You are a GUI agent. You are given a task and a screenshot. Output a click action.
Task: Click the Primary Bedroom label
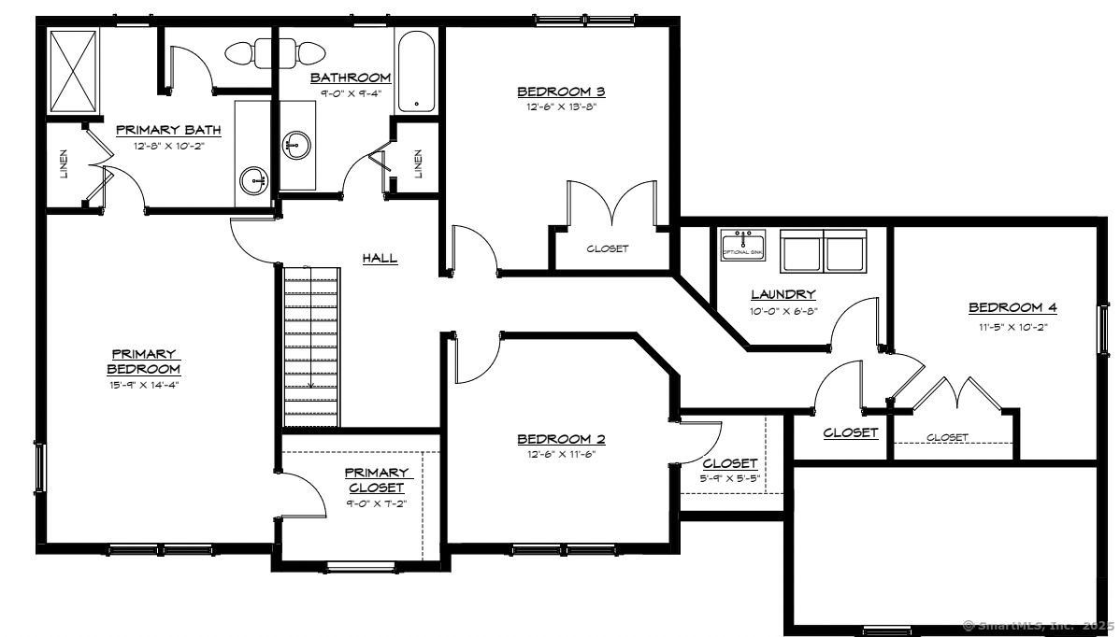143,361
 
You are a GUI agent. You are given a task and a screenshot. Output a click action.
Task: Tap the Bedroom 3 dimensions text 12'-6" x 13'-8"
560,107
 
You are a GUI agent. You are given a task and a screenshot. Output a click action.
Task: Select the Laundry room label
783,294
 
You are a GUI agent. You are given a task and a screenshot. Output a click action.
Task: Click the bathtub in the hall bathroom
415,71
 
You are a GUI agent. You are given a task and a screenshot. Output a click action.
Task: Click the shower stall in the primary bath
73,69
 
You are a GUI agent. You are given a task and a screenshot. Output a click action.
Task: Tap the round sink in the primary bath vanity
253,179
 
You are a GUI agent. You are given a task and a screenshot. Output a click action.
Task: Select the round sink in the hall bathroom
297,145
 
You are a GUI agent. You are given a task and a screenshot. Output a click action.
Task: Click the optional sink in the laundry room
743,247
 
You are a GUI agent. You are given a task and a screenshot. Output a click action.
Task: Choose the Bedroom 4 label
1012,307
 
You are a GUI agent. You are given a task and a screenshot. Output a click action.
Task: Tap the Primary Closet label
377,480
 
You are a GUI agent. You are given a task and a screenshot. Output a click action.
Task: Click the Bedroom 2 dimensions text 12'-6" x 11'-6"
560,455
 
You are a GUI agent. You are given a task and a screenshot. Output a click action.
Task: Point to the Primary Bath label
161,130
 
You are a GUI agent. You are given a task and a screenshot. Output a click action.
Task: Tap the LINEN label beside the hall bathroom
418,165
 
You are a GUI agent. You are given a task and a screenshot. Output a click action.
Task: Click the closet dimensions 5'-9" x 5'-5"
730,477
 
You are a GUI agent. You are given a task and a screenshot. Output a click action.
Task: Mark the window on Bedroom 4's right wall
1104,330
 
